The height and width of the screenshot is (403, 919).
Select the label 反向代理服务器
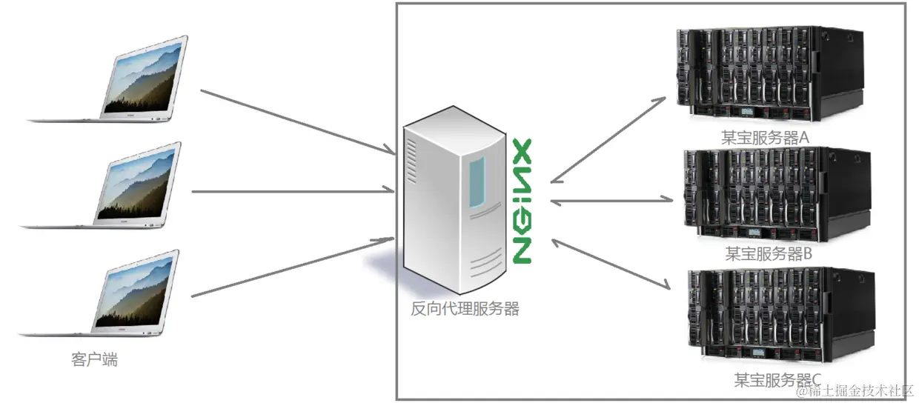click(x=465, y=309)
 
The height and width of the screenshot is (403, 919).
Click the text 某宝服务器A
click(x=765, y=138)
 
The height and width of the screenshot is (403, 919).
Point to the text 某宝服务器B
click(x=769, y=254)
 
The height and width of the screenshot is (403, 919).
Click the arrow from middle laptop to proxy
click(x=293, y=190)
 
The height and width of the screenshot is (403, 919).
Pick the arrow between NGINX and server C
click(x=611, y=264)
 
